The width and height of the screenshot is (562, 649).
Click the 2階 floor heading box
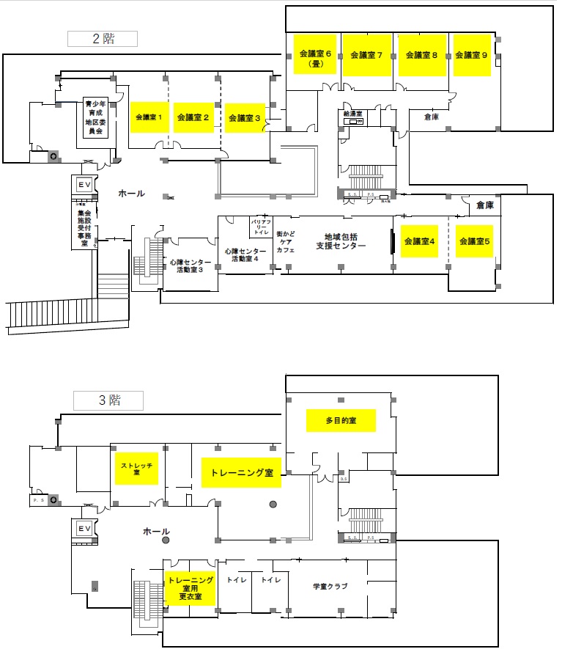102,39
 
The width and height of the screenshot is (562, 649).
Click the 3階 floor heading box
108,400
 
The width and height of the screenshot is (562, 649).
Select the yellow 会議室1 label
149,116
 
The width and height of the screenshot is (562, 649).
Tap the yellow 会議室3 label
245,117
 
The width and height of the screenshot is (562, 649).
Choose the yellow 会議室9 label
471,55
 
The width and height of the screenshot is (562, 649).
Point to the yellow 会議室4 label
419,241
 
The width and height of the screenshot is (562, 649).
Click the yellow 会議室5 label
473,241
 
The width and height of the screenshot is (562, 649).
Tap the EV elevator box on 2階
84,186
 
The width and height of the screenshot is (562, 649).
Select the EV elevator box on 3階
84,528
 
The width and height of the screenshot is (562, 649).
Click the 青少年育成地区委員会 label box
95,118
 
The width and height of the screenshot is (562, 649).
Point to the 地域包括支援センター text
340,241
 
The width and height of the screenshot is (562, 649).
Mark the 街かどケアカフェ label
285,241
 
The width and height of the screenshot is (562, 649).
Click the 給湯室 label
352,114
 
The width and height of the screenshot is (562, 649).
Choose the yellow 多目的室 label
340,421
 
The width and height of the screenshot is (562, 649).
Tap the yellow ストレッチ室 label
136,469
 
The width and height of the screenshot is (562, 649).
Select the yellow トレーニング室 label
241,473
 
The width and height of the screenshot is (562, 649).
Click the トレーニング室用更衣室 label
191,588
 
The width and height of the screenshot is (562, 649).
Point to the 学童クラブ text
329,586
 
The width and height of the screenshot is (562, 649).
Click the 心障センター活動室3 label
190,265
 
